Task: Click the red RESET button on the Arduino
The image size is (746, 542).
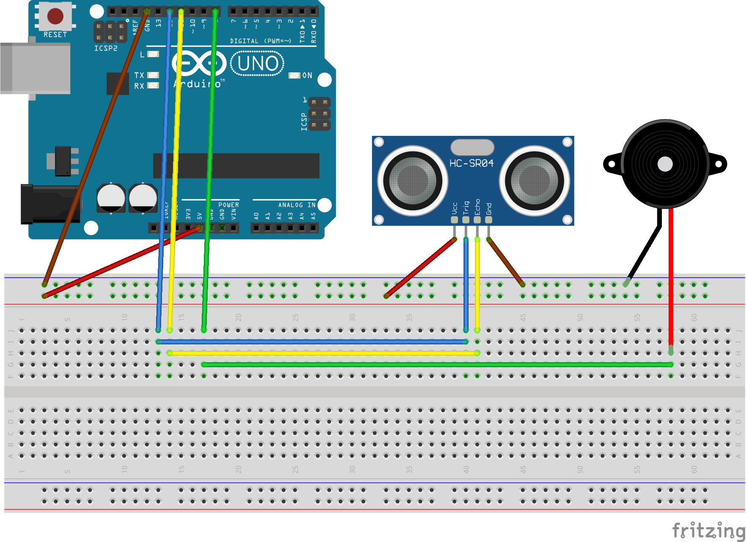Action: point(55,16)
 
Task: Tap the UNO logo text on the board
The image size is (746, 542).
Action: point(258,64)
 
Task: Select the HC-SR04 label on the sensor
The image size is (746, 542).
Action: point(472,163)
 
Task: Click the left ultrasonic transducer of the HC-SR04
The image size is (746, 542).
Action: point(412,181)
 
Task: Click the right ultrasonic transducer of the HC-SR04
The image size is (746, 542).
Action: point(534,181)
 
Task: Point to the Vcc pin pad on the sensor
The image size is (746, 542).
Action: point(455,220)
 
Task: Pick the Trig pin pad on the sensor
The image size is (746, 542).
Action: point(466,220)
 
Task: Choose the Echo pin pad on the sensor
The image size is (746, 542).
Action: point(477,220)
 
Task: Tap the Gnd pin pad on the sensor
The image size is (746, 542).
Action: point(488,220)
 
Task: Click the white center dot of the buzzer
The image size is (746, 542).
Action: point(665,164)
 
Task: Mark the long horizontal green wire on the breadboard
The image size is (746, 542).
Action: point(436,364)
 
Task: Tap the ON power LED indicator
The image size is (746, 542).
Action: point(294,75)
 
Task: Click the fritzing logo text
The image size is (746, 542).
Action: point(708,530)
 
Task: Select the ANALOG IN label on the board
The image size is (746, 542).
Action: point(296,205)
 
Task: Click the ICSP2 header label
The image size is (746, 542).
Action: point(106,48)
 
